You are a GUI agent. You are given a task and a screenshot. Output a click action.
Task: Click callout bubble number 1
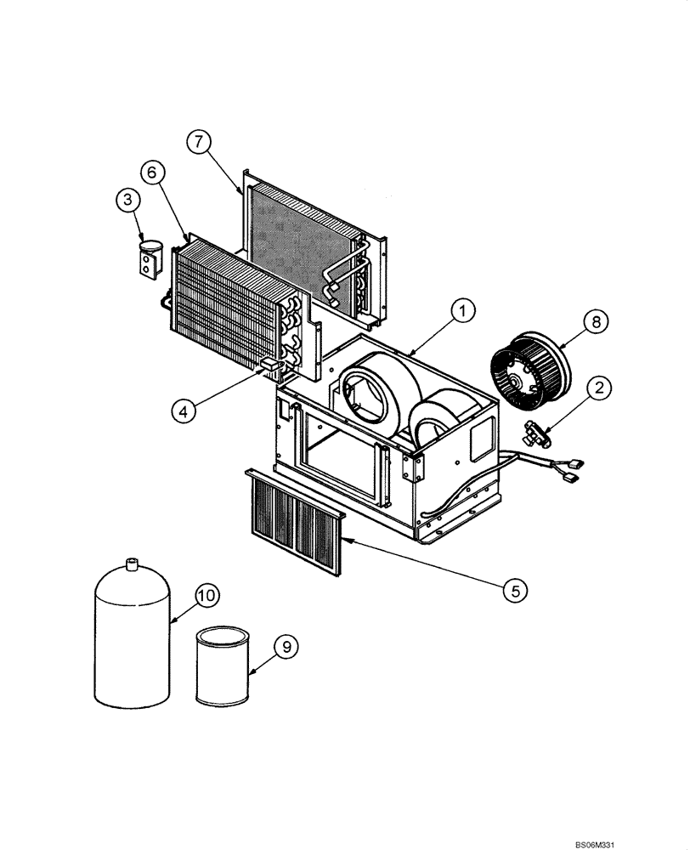(462, 312)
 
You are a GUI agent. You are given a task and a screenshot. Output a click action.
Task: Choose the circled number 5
(513, 588)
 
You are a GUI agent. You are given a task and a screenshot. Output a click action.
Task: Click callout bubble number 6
(153, 173)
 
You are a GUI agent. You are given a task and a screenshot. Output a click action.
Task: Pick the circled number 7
(197, 142)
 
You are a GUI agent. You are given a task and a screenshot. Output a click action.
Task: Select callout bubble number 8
(597, 321)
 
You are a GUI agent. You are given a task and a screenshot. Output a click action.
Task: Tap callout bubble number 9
(287, 647)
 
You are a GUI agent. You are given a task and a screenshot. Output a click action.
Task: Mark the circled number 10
(206, 595)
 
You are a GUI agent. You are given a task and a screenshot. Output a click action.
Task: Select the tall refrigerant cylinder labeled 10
(133, 637)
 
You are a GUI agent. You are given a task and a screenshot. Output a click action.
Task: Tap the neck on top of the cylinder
(132, 564)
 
